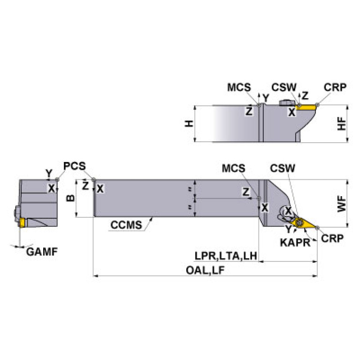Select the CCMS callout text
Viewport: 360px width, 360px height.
[x=126, y=225]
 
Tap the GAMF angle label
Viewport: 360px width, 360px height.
[x=42, y=252]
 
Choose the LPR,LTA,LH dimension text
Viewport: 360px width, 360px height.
[x=226, y=255]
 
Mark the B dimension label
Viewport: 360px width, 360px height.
[x=70, y=198]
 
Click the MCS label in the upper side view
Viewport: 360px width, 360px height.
[x=239, y=88]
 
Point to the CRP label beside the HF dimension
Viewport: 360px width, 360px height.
[x=335, y=88]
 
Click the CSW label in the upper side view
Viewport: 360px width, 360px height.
[x=284, y=88]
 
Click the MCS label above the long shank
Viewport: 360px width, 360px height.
[x=234, y=168]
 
